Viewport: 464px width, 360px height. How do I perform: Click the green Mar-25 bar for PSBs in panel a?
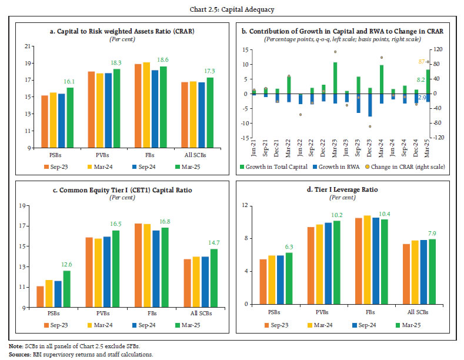[70, 117]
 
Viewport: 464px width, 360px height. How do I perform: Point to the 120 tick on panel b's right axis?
[437, 50]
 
